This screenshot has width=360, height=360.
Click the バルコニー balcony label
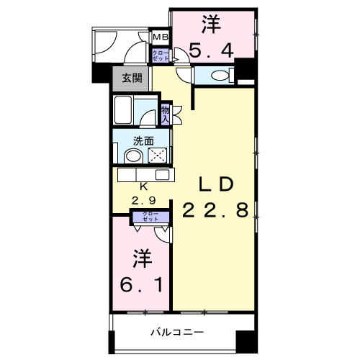(177, 332)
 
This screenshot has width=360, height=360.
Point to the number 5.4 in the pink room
(210, 50)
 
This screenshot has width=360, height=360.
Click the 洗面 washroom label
(143, 140)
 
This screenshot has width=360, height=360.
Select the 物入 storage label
(166, 113)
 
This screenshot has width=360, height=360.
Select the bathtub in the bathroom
(125, 112)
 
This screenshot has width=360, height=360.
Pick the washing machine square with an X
(156, 156)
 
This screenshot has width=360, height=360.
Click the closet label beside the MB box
(159, 54)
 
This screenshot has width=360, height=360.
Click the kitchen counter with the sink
(143, 174)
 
